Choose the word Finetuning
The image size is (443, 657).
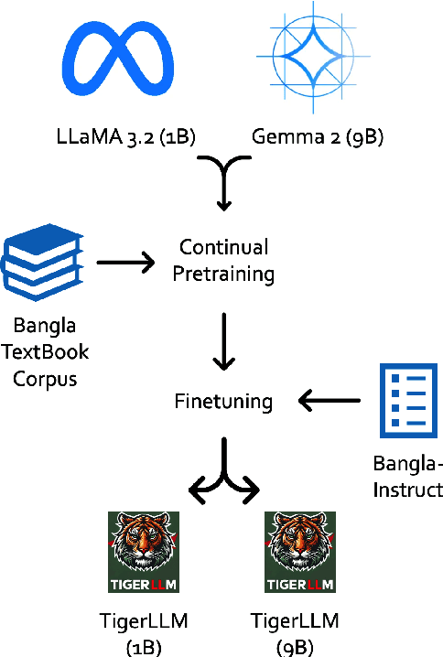(222, 400)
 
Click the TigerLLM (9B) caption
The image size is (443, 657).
(294, 633)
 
